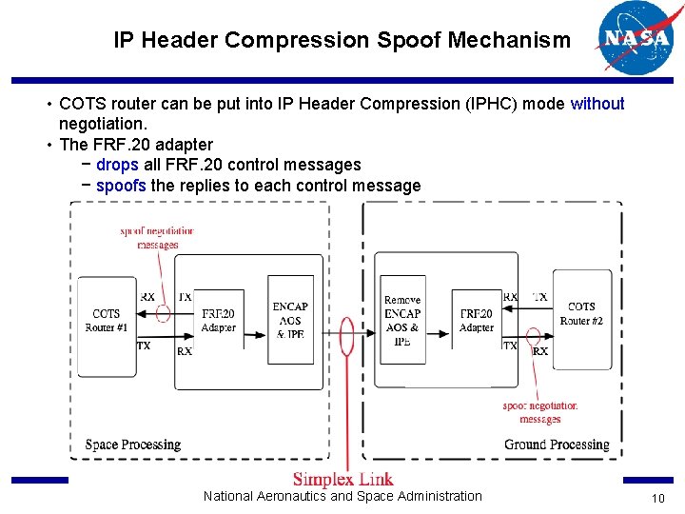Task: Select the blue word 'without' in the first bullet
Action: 597,104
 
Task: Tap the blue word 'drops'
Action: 117,165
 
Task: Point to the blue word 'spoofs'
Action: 121,186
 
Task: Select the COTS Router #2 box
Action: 581,319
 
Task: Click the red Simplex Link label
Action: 342,479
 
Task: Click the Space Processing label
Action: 132,445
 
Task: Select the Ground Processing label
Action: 557,445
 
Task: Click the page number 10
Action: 656,500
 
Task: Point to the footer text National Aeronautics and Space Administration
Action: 342,496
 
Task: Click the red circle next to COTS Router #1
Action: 163,312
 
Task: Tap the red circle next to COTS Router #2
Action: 533,336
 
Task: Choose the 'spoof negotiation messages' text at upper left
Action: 157,237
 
